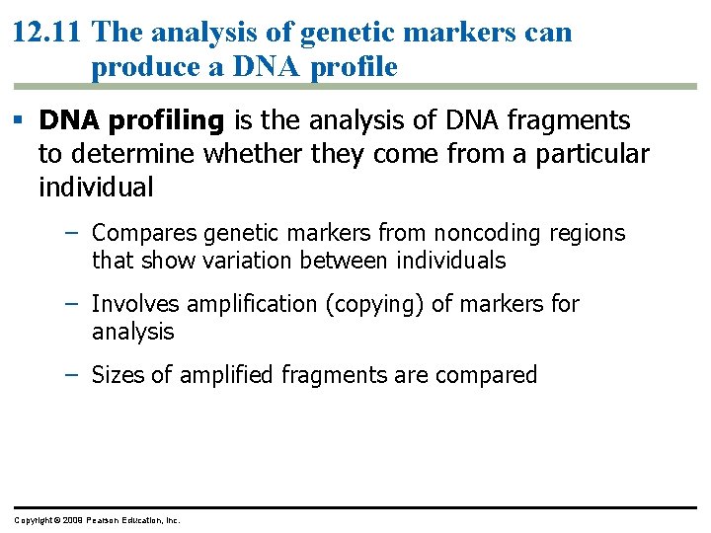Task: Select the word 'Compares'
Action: (x=143, y=233)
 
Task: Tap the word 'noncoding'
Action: (x=460, y=233)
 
